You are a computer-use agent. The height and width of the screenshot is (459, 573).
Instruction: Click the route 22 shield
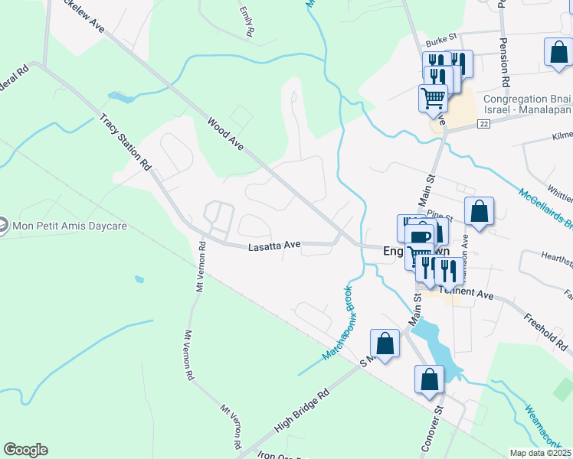tap(483, 124)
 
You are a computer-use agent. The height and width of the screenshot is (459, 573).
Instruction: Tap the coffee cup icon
tap(421, 236)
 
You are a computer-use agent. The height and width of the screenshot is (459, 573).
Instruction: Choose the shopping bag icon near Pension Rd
tap(558, 53)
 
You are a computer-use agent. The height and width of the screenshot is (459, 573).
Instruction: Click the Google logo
tap(25, 450)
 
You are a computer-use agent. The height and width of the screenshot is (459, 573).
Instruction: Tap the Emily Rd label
tap(246, 23)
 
